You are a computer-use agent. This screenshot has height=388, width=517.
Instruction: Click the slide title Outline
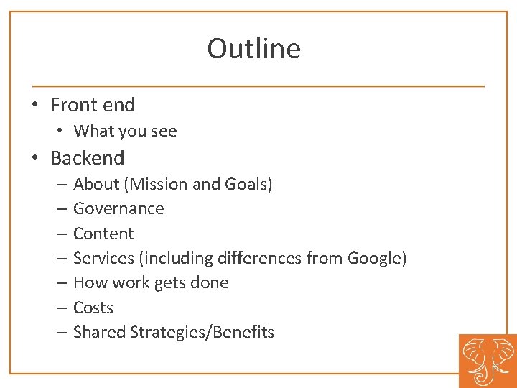point(253,49)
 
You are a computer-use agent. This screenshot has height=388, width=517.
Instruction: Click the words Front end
point(93,105)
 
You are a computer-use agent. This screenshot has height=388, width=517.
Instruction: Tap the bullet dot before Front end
point(34,106)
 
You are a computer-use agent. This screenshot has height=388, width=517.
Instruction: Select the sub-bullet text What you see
point(125,131)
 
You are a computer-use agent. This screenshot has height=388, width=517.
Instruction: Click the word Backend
point(88,158)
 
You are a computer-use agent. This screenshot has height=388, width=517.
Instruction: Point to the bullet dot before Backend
point(34,159)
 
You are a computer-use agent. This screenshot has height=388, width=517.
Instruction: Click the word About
point(97,184)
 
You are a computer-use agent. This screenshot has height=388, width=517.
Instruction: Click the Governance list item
point(118,209)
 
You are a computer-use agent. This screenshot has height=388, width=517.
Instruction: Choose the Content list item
point(103,234)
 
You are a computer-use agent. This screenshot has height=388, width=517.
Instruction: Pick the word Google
point(376,258)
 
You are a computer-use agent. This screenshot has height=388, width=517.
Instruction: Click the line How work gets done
point(151,282)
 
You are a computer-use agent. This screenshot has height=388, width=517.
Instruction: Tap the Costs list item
point(93,308)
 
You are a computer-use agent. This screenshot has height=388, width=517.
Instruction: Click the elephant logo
point(488,361)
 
